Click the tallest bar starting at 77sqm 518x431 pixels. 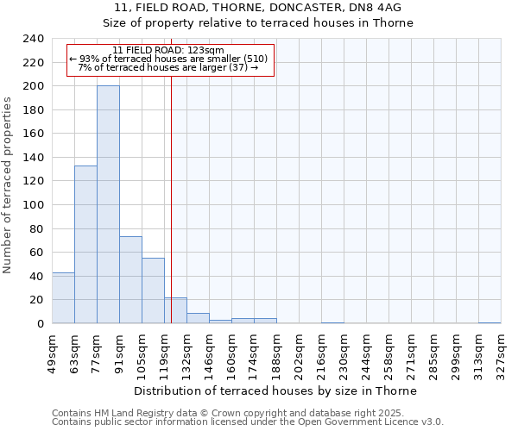point(108,204)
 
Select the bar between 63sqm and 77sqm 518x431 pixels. point(85,244)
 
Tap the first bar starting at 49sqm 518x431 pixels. point(63,297)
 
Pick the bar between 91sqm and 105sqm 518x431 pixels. point(130,279)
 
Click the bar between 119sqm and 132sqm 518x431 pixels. point(175,310)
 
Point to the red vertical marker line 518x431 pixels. point(171,198)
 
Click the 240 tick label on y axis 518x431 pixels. point(33,39)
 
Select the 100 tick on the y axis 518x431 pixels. point(33,205)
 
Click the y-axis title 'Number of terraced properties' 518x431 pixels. point(8,184)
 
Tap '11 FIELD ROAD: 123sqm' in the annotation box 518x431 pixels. point(168,50)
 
